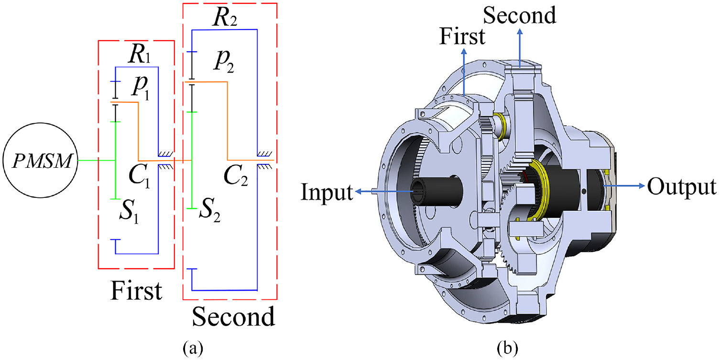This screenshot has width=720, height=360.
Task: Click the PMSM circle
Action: (x=41, y=160)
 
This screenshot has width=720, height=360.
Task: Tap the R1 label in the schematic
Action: (x=139, y=54)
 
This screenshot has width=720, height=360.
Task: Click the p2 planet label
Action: (x=224, y=61)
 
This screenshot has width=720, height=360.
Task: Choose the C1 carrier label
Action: (x=139, y=176)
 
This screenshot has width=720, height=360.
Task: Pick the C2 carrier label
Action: (x=236, y=176)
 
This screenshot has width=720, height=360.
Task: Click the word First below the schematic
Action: (x=136, y=291)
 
